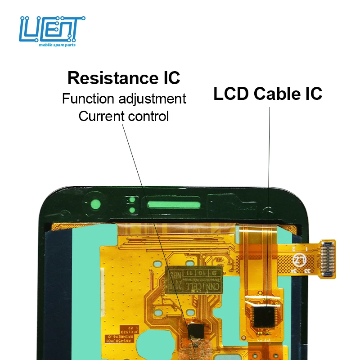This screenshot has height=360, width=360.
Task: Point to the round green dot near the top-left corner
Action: click(x=95, y=202)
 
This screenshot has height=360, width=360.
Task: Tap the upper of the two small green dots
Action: click(x=132, y=199)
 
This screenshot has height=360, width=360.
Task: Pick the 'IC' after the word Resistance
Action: click(x=171, y=78)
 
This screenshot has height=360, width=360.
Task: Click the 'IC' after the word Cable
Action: click(x=313, y=94)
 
